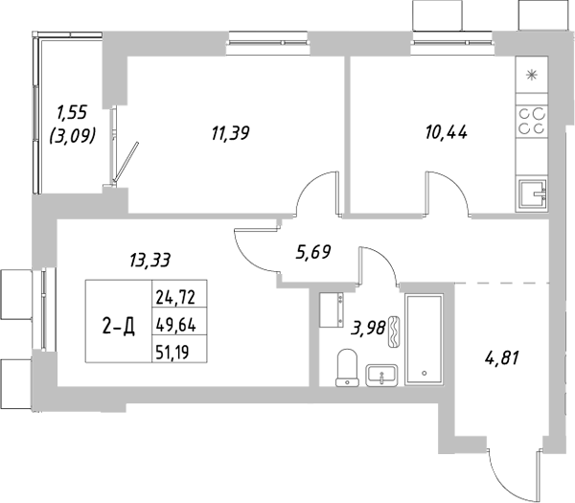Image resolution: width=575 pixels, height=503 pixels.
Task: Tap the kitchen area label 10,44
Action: tap(446, 134)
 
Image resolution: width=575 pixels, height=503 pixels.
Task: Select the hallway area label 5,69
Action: tap(313, 254)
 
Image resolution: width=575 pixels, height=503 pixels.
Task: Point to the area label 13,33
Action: tap(149, 258)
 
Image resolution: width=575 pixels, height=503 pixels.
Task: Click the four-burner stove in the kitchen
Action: tap(532, 120)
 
